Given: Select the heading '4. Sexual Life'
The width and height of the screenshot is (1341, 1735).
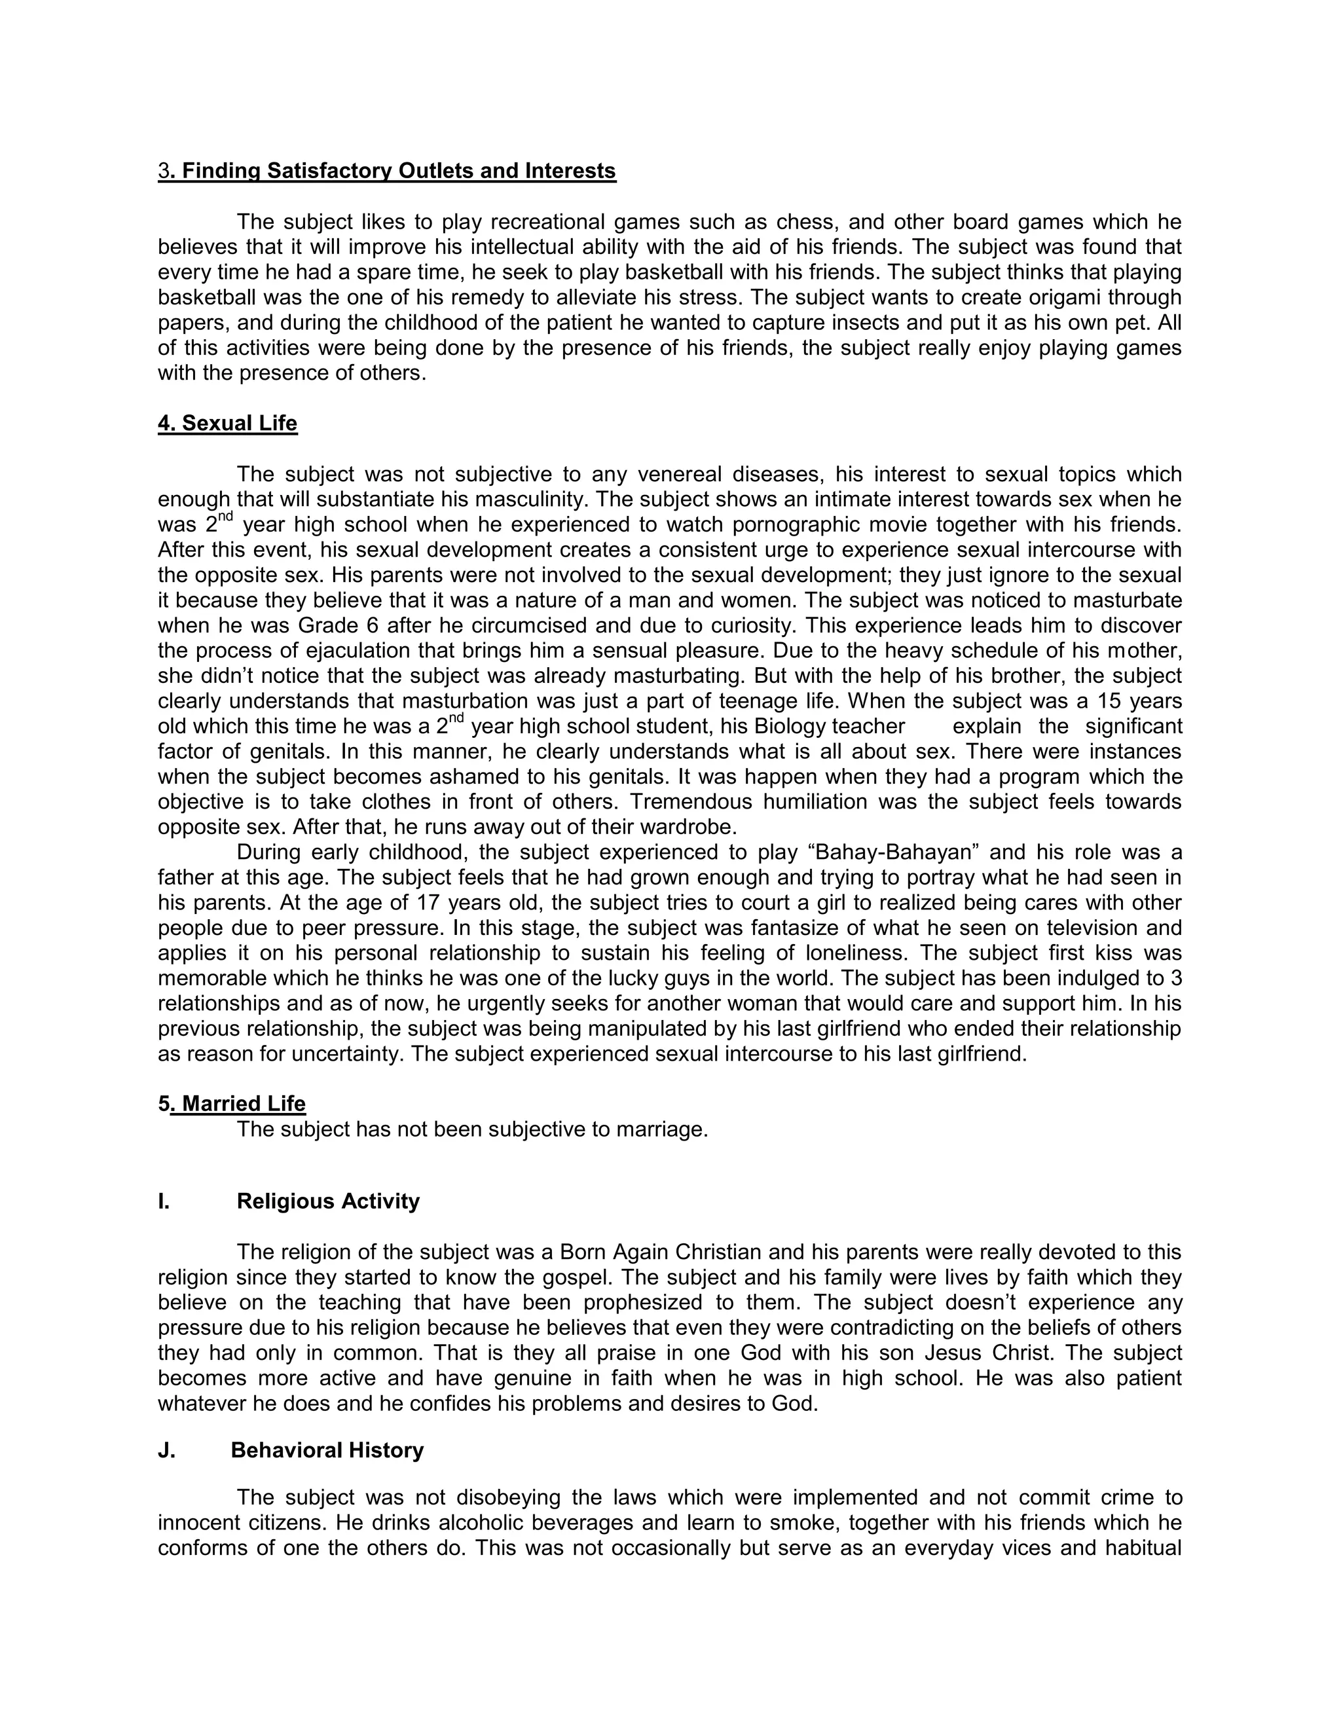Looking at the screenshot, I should click(227, 424).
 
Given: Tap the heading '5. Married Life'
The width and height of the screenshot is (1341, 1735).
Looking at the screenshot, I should click(231, 1103).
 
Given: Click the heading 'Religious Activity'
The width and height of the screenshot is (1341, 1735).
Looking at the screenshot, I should click(328, 1201).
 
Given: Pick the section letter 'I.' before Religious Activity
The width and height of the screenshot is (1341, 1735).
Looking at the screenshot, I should click(164, 1201).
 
